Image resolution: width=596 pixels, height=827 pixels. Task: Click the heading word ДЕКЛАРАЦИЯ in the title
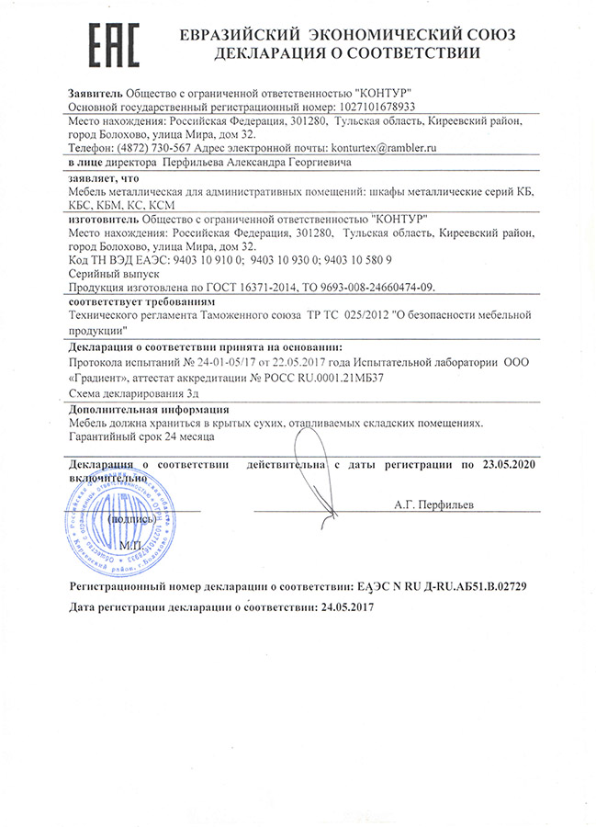tap(268, 54)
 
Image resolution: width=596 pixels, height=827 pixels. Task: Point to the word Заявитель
tap(95, 93)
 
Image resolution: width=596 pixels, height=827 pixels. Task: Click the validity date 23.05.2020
tap(508, 466)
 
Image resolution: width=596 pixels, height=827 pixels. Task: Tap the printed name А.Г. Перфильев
tap(433, 504)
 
